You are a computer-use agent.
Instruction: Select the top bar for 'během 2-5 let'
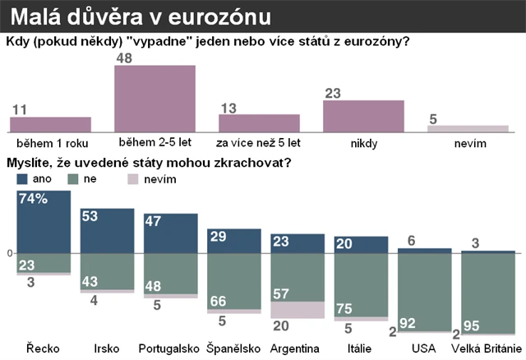[155, 99]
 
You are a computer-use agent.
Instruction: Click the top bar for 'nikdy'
[363, 116]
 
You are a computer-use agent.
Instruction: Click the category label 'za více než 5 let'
[259, 144]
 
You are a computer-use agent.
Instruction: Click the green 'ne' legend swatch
[72, 178]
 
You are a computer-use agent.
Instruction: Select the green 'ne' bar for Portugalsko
[171, 274]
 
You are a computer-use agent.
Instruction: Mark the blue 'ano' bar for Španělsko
[233, 241]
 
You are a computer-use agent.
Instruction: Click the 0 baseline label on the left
[10, 252]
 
